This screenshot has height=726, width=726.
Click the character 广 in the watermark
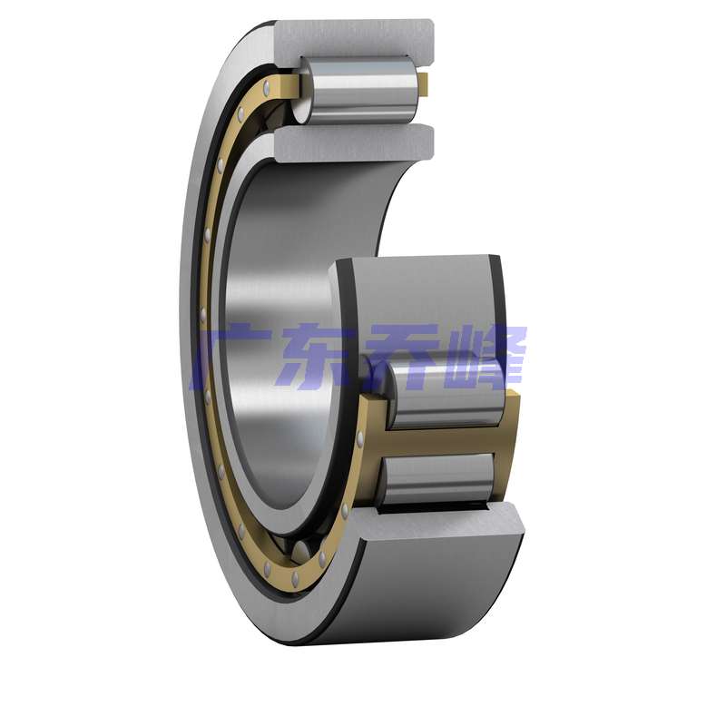[231, 354]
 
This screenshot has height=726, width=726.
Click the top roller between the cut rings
[358, 90]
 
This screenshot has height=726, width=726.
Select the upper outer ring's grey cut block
[355, 41]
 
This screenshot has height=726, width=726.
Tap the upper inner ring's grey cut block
[355, 143]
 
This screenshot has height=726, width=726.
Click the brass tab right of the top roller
[424, 84]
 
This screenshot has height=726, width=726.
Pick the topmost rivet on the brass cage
[266, 87]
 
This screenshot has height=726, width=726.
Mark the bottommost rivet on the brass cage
[295, 577]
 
